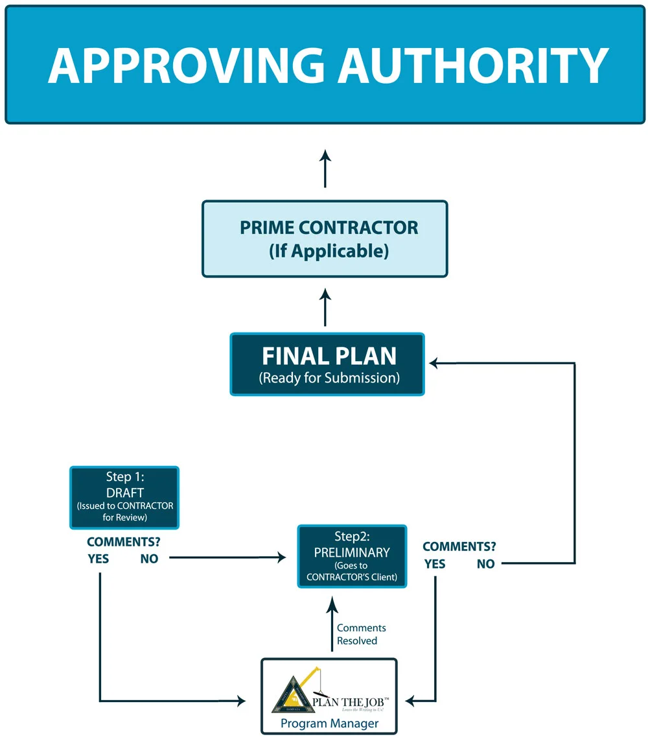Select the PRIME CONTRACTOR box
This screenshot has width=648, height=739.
[x=325, y=239]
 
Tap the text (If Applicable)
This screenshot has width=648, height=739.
[x=329, y=252]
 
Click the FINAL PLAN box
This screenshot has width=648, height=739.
[x=327, y=364]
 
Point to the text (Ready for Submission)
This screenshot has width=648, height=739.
[x=329, y=378]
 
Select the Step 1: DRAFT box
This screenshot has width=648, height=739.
[x=124, y=497]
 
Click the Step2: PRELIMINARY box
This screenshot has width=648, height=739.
[x=352, y=556]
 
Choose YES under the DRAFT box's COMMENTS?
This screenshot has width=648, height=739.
[x=98, y=559]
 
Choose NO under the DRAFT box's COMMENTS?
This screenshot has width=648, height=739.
[x=149, y=559]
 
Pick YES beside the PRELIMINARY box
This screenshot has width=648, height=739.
[x=435, y=564]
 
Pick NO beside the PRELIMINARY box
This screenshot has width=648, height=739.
[x=485, y=564]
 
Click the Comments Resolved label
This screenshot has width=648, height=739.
[x=361, y=634]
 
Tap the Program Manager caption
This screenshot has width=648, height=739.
[x=329, y=723]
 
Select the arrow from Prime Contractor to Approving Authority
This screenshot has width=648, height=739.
[x=325, y=169]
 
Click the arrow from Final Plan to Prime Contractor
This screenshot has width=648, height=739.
[x=325, y=307]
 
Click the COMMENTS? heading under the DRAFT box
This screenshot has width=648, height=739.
[x=124, y=542]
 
